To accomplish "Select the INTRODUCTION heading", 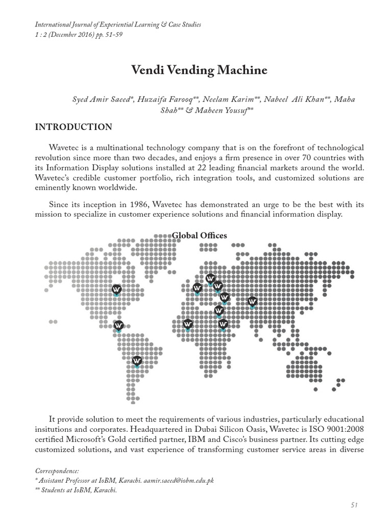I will (x=73, y=127).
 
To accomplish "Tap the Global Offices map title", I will (x=200, y=235).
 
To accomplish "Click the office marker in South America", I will (x=137, y=361).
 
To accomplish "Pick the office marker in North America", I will (x=116, y=290).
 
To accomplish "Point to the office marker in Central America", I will (x=118, y=325).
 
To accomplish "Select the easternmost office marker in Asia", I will (x=252, y=302).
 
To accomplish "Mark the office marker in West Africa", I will (x=187, y=324).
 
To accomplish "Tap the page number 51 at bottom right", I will (x=355, y=505).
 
